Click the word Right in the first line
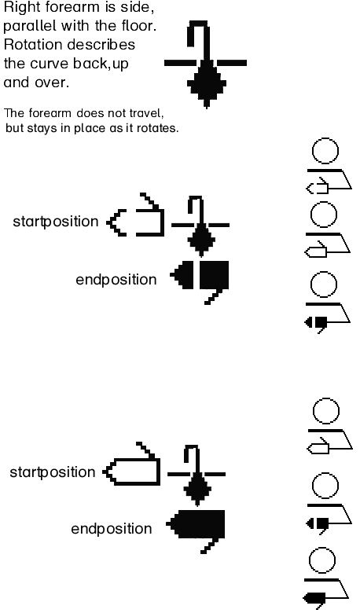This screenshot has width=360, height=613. pos(18,8)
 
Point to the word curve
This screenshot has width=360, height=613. pos(50,64)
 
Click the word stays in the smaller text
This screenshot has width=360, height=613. pos(42,129)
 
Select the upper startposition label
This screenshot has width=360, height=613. pos(56,222)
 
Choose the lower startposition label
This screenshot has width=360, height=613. pos(53,472)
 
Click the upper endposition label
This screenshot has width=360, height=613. pos(116,280)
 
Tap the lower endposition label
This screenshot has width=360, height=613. pos(112,529)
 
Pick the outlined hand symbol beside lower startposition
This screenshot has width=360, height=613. pos(132,467)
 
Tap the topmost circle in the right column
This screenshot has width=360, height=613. pos(325,151)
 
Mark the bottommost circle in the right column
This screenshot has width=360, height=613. pos(322,560)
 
